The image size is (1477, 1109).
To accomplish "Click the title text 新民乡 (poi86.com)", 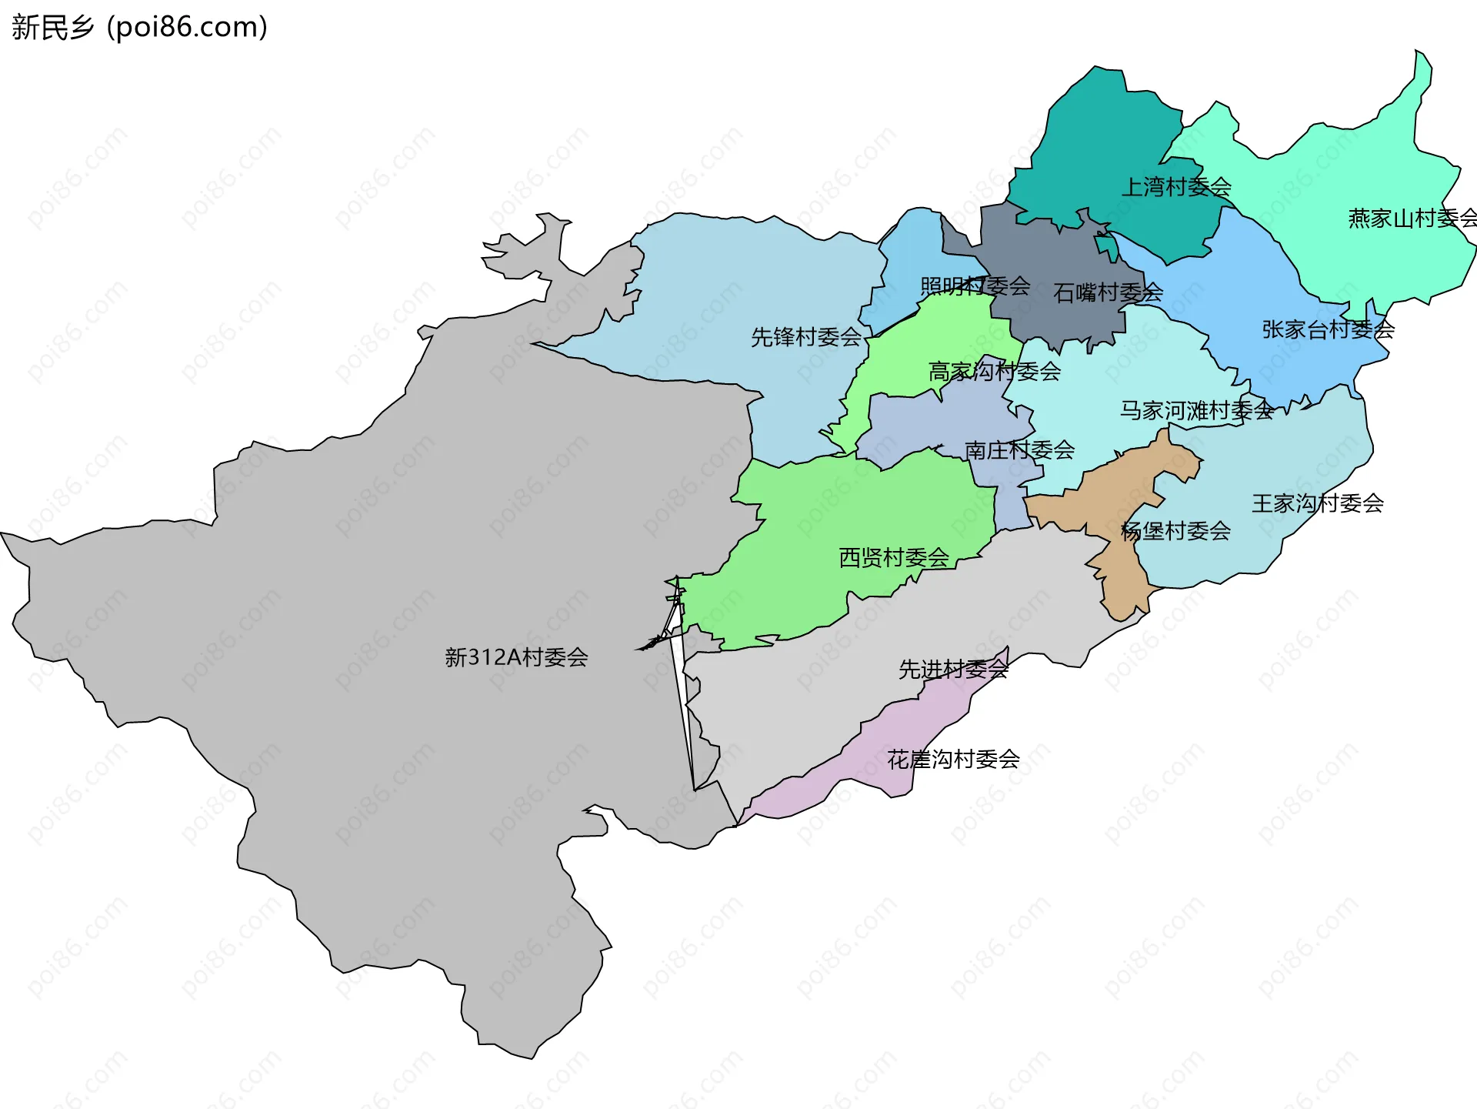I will tap(138, 27).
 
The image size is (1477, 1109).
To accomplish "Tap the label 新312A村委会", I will tap(516, 657).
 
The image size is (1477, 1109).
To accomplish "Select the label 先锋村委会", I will tap(805, 337).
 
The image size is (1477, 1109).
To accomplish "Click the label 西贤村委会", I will tap(893, 557).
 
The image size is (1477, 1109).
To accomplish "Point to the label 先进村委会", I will tap(952, 670).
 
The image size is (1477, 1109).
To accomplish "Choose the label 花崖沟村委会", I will tap(952, 760).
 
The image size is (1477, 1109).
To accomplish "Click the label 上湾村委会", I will tap(1175, 187).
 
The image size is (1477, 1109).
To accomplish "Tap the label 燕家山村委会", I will tap(1411, 219).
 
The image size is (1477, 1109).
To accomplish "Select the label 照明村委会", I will tap(974, 286).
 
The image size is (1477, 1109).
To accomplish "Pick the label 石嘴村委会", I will tap(1107, 292).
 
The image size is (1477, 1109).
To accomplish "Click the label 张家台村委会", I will tap(1328, 330).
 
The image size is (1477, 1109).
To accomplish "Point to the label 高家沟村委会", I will tap(994, 372).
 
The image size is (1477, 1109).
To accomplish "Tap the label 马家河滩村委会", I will tap(1195, 410).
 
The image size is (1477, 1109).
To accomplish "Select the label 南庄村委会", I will tap(1019, 450).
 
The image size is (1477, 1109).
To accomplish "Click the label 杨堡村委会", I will tap(1175, 531).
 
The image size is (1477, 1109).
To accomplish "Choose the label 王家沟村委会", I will tap(1317, 503).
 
